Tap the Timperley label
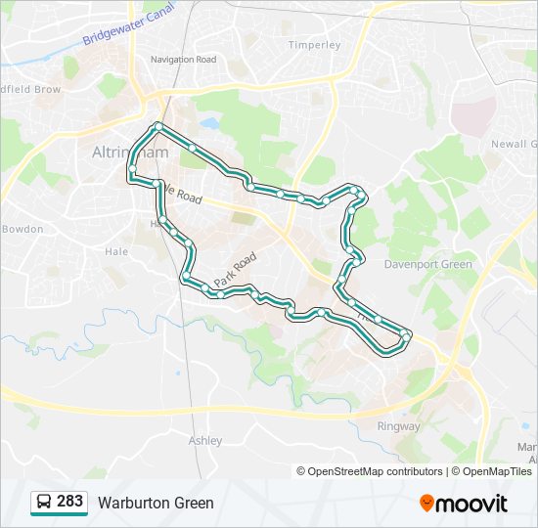click(x=314, y=45)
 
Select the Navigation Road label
click(x=183, y=60)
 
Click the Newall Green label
click(x=514, y=143)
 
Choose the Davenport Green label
click(x=427, y=264)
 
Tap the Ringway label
click(x=398, y=426)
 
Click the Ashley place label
click(x=205, y=441)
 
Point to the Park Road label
click(x=236, y=269)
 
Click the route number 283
click(x=69, y=502)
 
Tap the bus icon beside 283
click(x=44, y=503)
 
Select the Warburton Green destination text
click(x=156, y=504)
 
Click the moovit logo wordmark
click(x=472, y=504)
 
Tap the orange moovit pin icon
click(x=426, y=504)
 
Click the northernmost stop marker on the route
click(x=158, y=126)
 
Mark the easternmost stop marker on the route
click(x=406, y=337)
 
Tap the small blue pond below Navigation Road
click(x=209, y=124)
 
